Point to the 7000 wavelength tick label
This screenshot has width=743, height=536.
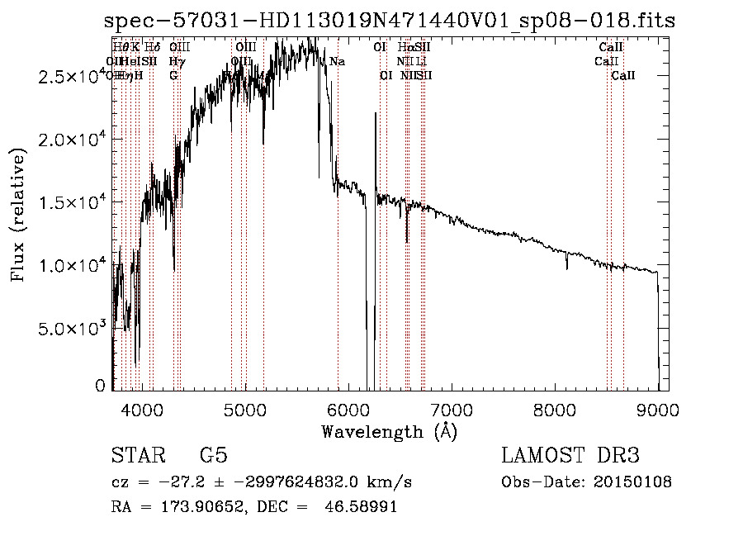point(452,409)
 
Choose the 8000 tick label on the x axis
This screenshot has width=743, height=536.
point(555,409)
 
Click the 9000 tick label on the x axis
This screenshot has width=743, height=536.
point(658,409)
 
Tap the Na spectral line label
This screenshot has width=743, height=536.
point(338,62)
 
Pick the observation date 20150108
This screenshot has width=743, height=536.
point(631,481)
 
